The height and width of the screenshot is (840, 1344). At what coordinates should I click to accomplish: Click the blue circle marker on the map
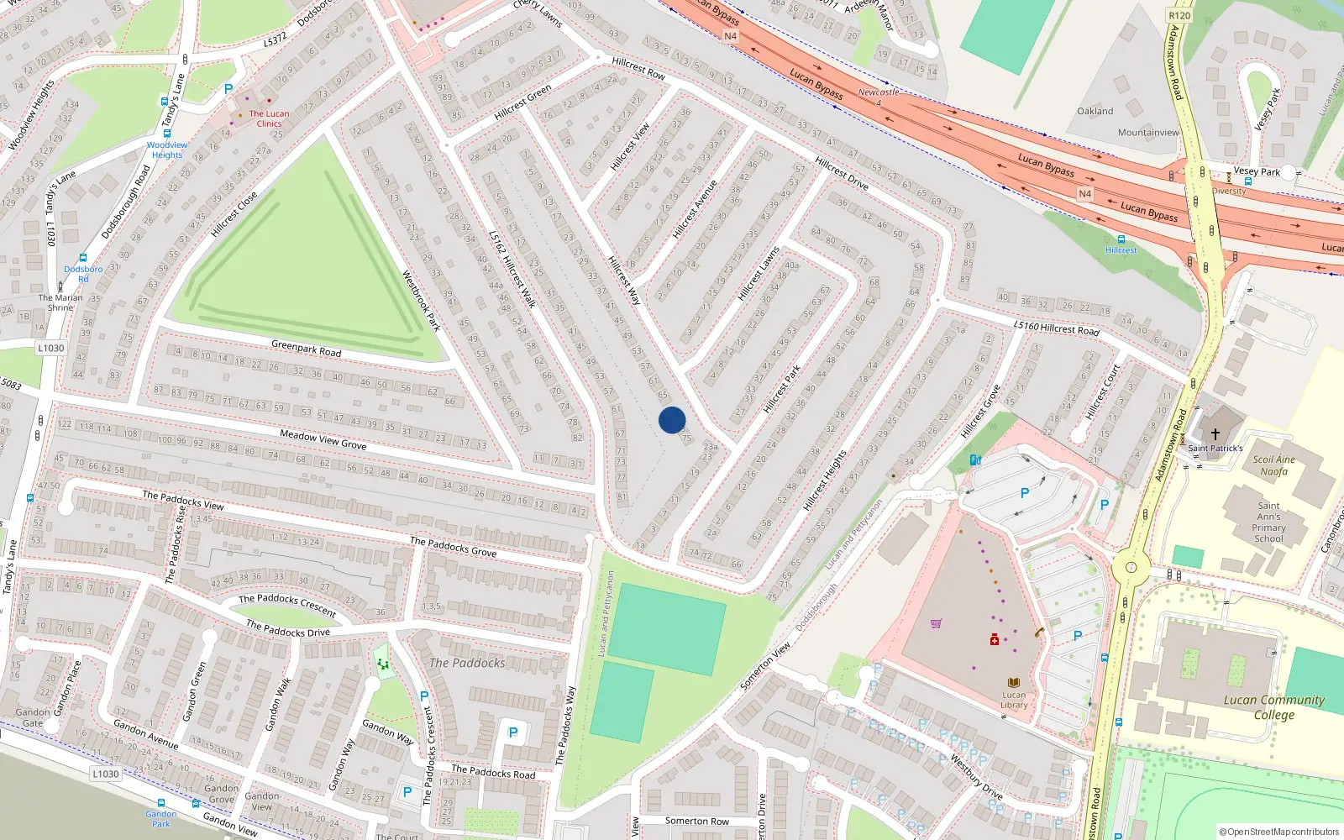tap(672, 420)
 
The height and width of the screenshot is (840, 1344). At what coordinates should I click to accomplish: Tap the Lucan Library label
tap(1014, 700)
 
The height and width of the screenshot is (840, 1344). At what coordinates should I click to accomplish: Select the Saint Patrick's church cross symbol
tap(1215, 434)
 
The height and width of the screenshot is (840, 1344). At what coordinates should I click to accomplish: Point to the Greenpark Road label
tap(306, 348)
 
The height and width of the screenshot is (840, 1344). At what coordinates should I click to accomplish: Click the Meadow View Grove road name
tap(323, 439)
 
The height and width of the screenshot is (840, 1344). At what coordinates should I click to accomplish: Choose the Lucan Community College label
tap(1273, 706)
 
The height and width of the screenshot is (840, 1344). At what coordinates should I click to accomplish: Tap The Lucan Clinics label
tap(269, 118)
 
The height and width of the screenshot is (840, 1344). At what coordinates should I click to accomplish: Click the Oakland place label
tap(1095, 111)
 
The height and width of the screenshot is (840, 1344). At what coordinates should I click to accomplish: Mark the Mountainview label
tap(1148, 133)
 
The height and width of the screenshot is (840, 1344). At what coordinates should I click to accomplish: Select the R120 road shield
tap(1179, 15)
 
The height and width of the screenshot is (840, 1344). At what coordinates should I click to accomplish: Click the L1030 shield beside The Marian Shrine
tap(50, 348)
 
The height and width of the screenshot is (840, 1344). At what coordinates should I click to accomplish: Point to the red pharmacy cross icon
tap(995, 640)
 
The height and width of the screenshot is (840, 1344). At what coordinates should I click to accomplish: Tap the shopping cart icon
tap(936, 623)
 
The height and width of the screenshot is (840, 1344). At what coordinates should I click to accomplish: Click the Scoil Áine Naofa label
tap(1273, 465)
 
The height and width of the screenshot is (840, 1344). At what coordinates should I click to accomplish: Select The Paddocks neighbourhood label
tap(467, 663)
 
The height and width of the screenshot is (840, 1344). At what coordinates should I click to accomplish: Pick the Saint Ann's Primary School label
tap(1268, 522)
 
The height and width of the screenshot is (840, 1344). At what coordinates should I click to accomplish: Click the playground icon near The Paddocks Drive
tap(383, 664)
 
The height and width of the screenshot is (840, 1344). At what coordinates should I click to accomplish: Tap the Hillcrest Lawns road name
tap(759, 274)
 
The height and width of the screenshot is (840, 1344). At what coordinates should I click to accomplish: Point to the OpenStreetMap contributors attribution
tap(1278, 832)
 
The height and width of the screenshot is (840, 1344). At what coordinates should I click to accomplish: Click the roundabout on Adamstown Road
tap(1131, 567)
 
